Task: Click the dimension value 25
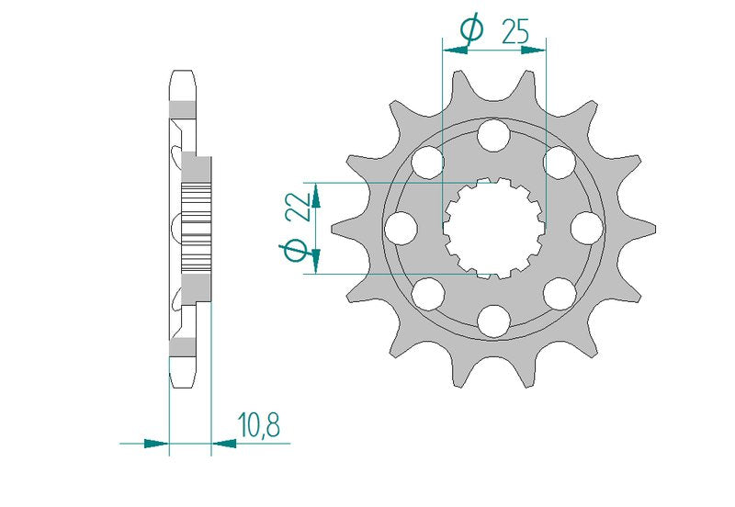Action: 515,31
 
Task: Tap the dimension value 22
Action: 300,206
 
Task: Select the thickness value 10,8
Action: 259,424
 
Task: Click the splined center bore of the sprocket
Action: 494,228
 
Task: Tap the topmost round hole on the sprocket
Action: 493,135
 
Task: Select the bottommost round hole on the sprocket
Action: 493,321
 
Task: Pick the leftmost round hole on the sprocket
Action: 401,228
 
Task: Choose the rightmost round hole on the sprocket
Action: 587,228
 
